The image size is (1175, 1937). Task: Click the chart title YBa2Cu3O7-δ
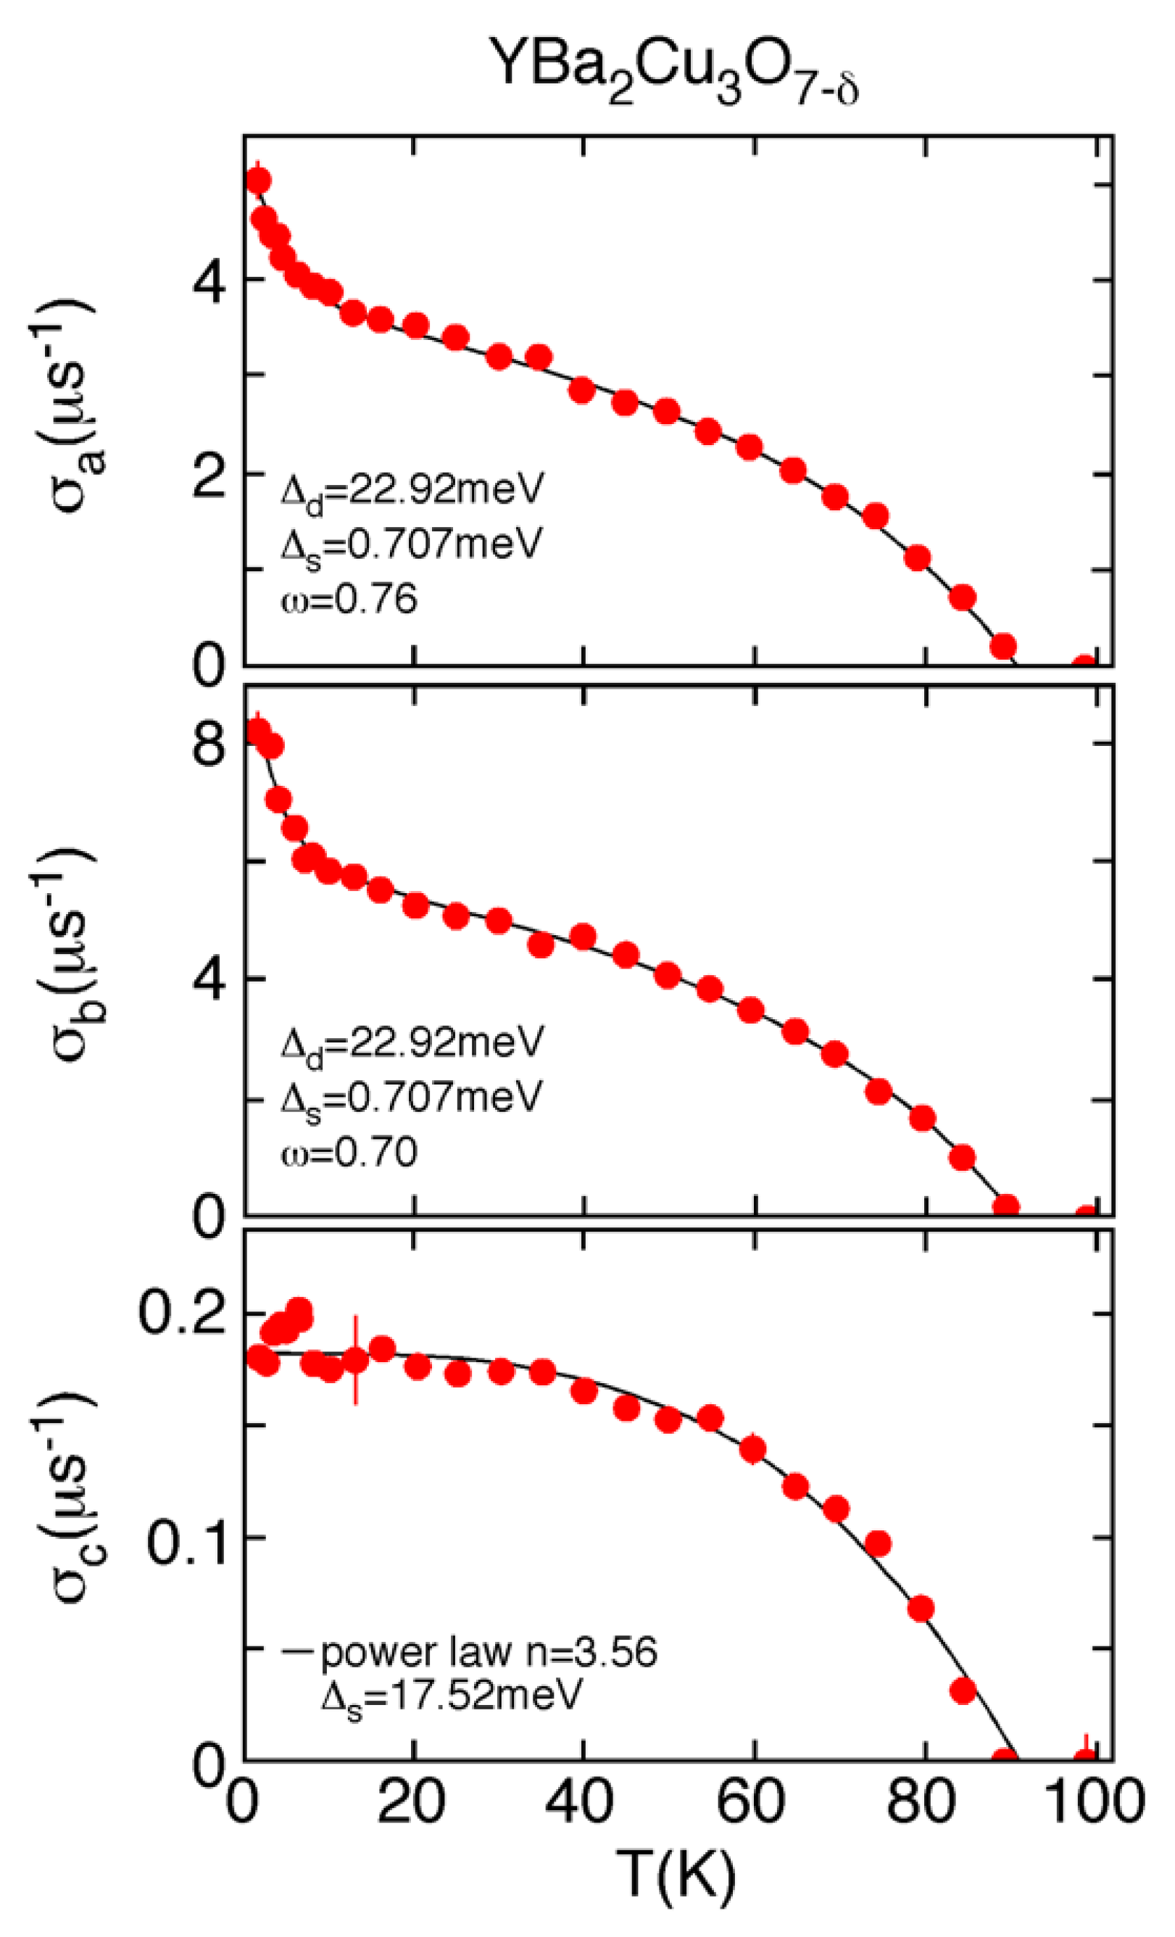[x=673, y=75]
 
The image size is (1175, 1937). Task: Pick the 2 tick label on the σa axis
[x=209, y=474]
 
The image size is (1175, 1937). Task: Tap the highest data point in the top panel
[x=258, y=181]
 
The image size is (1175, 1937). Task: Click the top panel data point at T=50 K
[x=666, y=411]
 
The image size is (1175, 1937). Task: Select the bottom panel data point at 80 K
[x=921, y=1609]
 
